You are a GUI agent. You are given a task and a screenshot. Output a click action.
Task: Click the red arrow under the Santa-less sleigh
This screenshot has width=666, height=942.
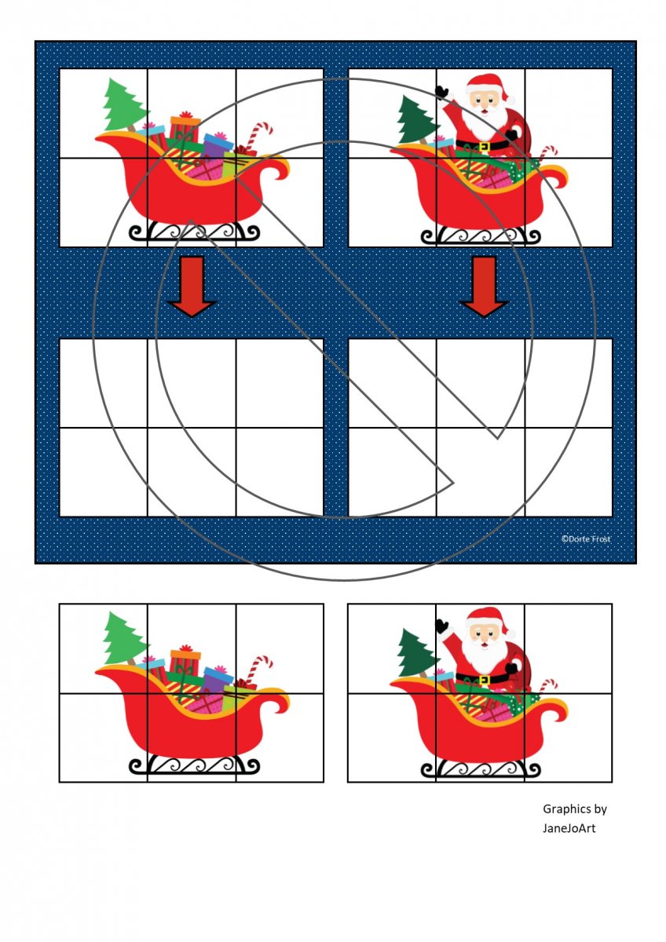pos(192,286)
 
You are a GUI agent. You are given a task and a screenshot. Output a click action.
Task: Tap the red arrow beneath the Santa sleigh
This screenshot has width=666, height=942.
pos(485,286)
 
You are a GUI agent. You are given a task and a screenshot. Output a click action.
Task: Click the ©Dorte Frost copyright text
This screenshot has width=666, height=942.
pos(586,539)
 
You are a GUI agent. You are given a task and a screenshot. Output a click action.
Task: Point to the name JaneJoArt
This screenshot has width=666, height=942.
pos(569,828)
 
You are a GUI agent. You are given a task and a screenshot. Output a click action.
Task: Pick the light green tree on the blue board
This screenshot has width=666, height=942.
pos(124,104)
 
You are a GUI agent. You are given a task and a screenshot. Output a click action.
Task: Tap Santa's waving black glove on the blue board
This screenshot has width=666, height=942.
pos(442,92)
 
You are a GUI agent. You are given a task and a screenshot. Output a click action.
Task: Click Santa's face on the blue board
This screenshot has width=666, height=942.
pos(485,101)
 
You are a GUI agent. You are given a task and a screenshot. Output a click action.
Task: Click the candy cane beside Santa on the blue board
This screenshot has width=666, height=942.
pos(549,155)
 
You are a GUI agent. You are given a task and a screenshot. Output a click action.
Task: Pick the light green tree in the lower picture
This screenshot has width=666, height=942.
pos(124,637)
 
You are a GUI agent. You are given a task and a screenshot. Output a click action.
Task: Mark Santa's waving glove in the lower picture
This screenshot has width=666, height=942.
pos(442,626)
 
